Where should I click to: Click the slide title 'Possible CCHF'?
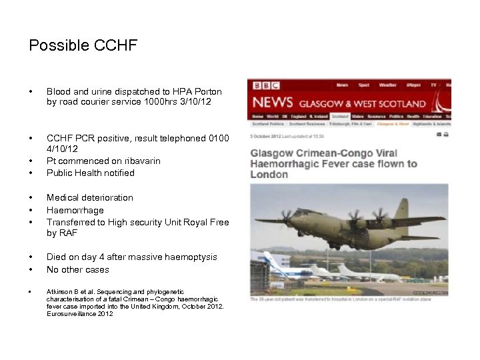[x=83, y=45]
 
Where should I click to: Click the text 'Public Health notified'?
[x=91, y=173]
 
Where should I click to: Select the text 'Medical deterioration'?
[x=90, y=197]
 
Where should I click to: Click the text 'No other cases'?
[x=78, y=269]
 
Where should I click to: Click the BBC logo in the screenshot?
[x=266, y=86]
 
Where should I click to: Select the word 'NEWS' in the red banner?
[x=272, y=103]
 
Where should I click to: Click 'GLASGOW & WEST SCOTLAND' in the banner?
[x=362, y=104]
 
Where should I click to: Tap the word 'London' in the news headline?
[x=269, y=175]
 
